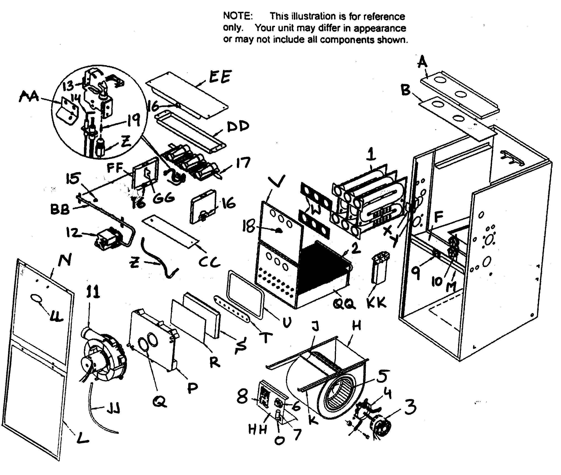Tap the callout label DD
point(238,127)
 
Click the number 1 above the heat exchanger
point(371,154)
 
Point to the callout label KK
point(376,302)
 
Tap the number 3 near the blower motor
point(410,407)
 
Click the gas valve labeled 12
point(108,240)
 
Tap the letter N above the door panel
point(65,260)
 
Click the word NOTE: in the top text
point(238,16)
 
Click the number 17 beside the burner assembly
point(243,163)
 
